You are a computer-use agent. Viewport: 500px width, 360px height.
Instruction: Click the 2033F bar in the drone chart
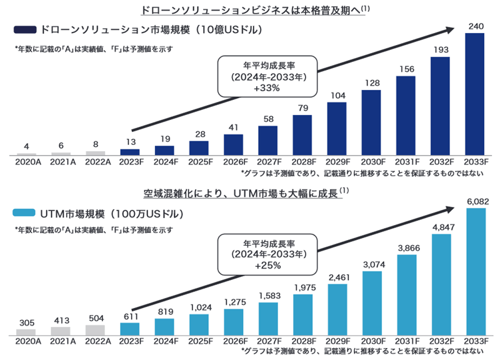pos(474,94)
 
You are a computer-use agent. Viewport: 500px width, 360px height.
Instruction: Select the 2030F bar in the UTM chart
pos(371,303)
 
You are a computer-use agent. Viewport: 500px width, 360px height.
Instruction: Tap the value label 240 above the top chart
pos(474,25)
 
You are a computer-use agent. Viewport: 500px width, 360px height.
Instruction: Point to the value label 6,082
pos(474,201)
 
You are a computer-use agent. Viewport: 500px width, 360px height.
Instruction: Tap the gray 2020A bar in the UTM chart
pos(27,332)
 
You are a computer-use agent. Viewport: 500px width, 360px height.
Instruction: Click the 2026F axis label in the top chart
pos(234,162)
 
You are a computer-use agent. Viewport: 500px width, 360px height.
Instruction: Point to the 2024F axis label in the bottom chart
pos(164,342)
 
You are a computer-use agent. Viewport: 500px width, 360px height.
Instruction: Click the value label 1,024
pos(199,307)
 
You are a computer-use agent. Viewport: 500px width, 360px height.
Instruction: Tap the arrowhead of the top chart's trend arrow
pos(452,29)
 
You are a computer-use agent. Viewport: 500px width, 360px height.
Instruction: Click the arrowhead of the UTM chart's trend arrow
pos(452,208)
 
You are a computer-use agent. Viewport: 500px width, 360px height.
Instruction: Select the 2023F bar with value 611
pos(130,329)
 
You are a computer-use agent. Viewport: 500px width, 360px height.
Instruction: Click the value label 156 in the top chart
pos(406,69)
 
